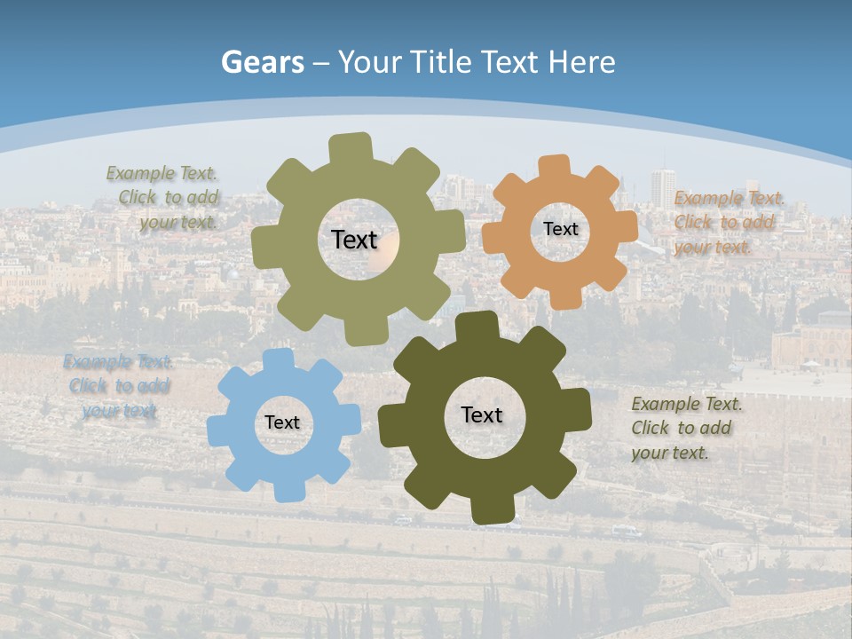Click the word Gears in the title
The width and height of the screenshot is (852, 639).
click(262, 62)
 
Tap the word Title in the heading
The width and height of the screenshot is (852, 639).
click(441, 62)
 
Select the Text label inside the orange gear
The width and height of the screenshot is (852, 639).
click(560, 229)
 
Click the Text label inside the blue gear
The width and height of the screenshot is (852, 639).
click(282, 423)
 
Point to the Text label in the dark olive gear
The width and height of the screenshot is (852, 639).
click(482, 415)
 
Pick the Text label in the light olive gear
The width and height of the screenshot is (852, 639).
click(355, 240)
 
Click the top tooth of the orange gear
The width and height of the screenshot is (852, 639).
click(555, 166)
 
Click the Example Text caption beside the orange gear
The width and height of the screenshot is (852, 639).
click(730, 222)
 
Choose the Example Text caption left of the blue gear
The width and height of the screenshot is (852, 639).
click(118, 386)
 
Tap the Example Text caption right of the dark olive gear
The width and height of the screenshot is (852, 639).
click(687, 429)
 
